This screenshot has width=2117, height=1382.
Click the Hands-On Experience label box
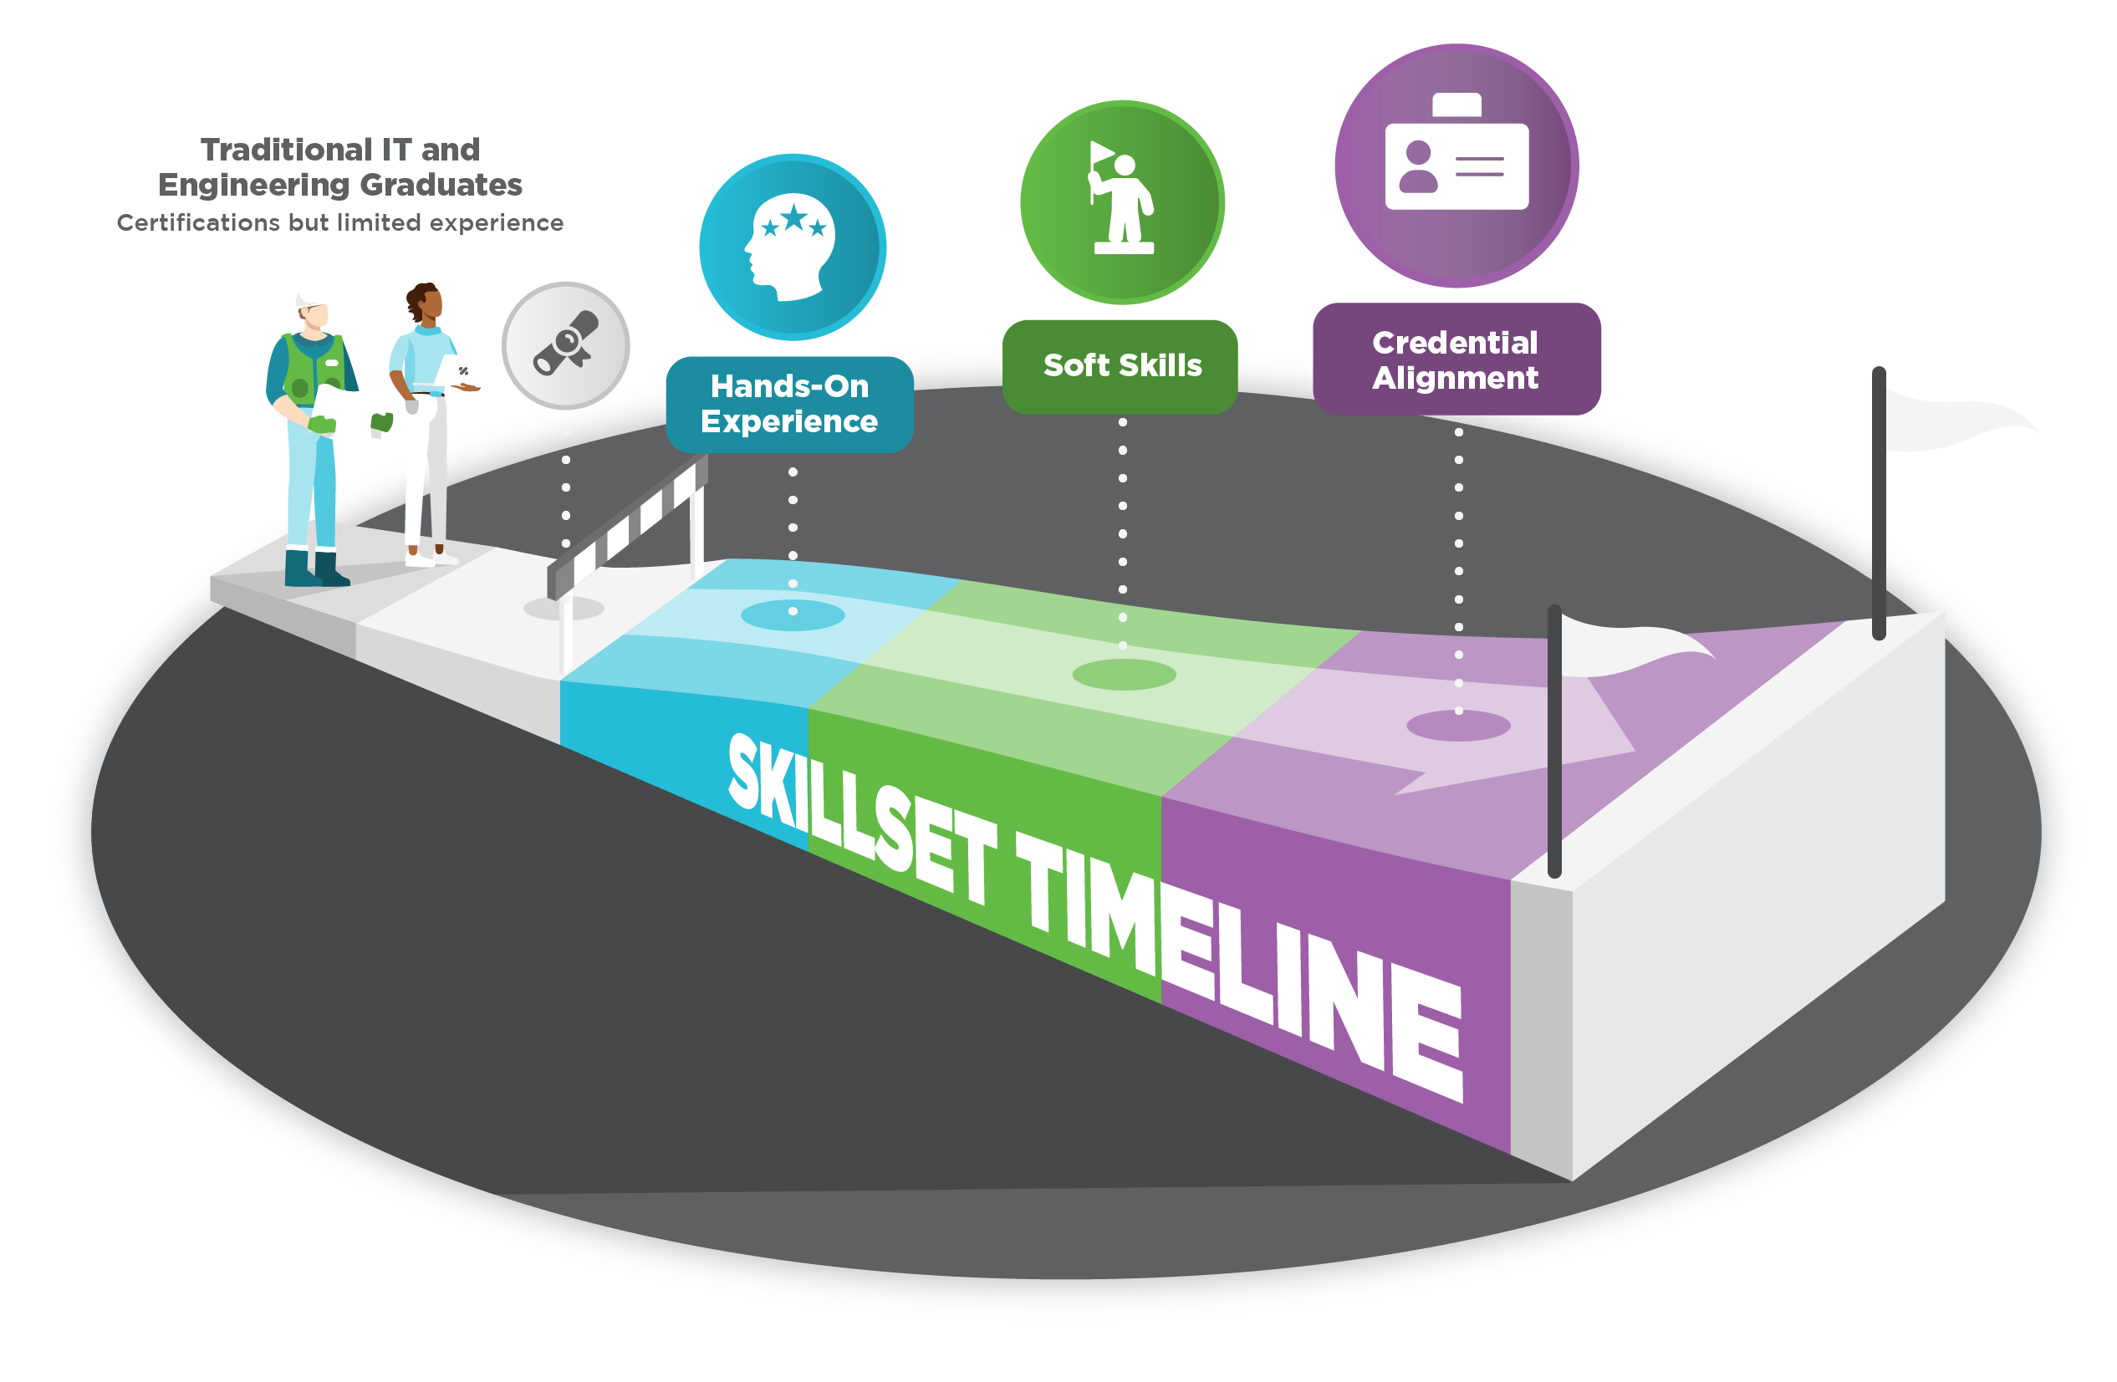(789, 405)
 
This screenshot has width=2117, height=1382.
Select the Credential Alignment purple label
(1456, 360)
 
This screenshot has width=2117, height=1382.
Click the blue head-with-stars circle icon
(793, 247)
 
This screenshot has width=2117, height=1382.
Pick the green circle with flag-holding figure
(1123, 203)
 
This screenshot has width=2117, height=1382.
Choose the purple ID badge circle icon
(1457, 166)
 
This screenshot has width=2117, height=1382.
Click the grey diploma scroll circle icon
(566, 346)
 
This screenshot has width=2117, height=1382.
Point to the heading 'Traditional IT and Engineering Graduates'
(339, 167)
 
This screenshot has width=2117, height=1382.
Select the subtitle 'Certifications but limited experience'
(339, 222)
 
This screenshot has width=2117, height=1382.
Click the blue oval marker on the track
(793, 615)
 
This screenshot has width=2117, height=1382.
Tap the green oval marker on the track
(1125, 675)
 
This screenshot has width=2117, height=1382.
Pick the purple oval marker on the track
(1459, 726)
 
